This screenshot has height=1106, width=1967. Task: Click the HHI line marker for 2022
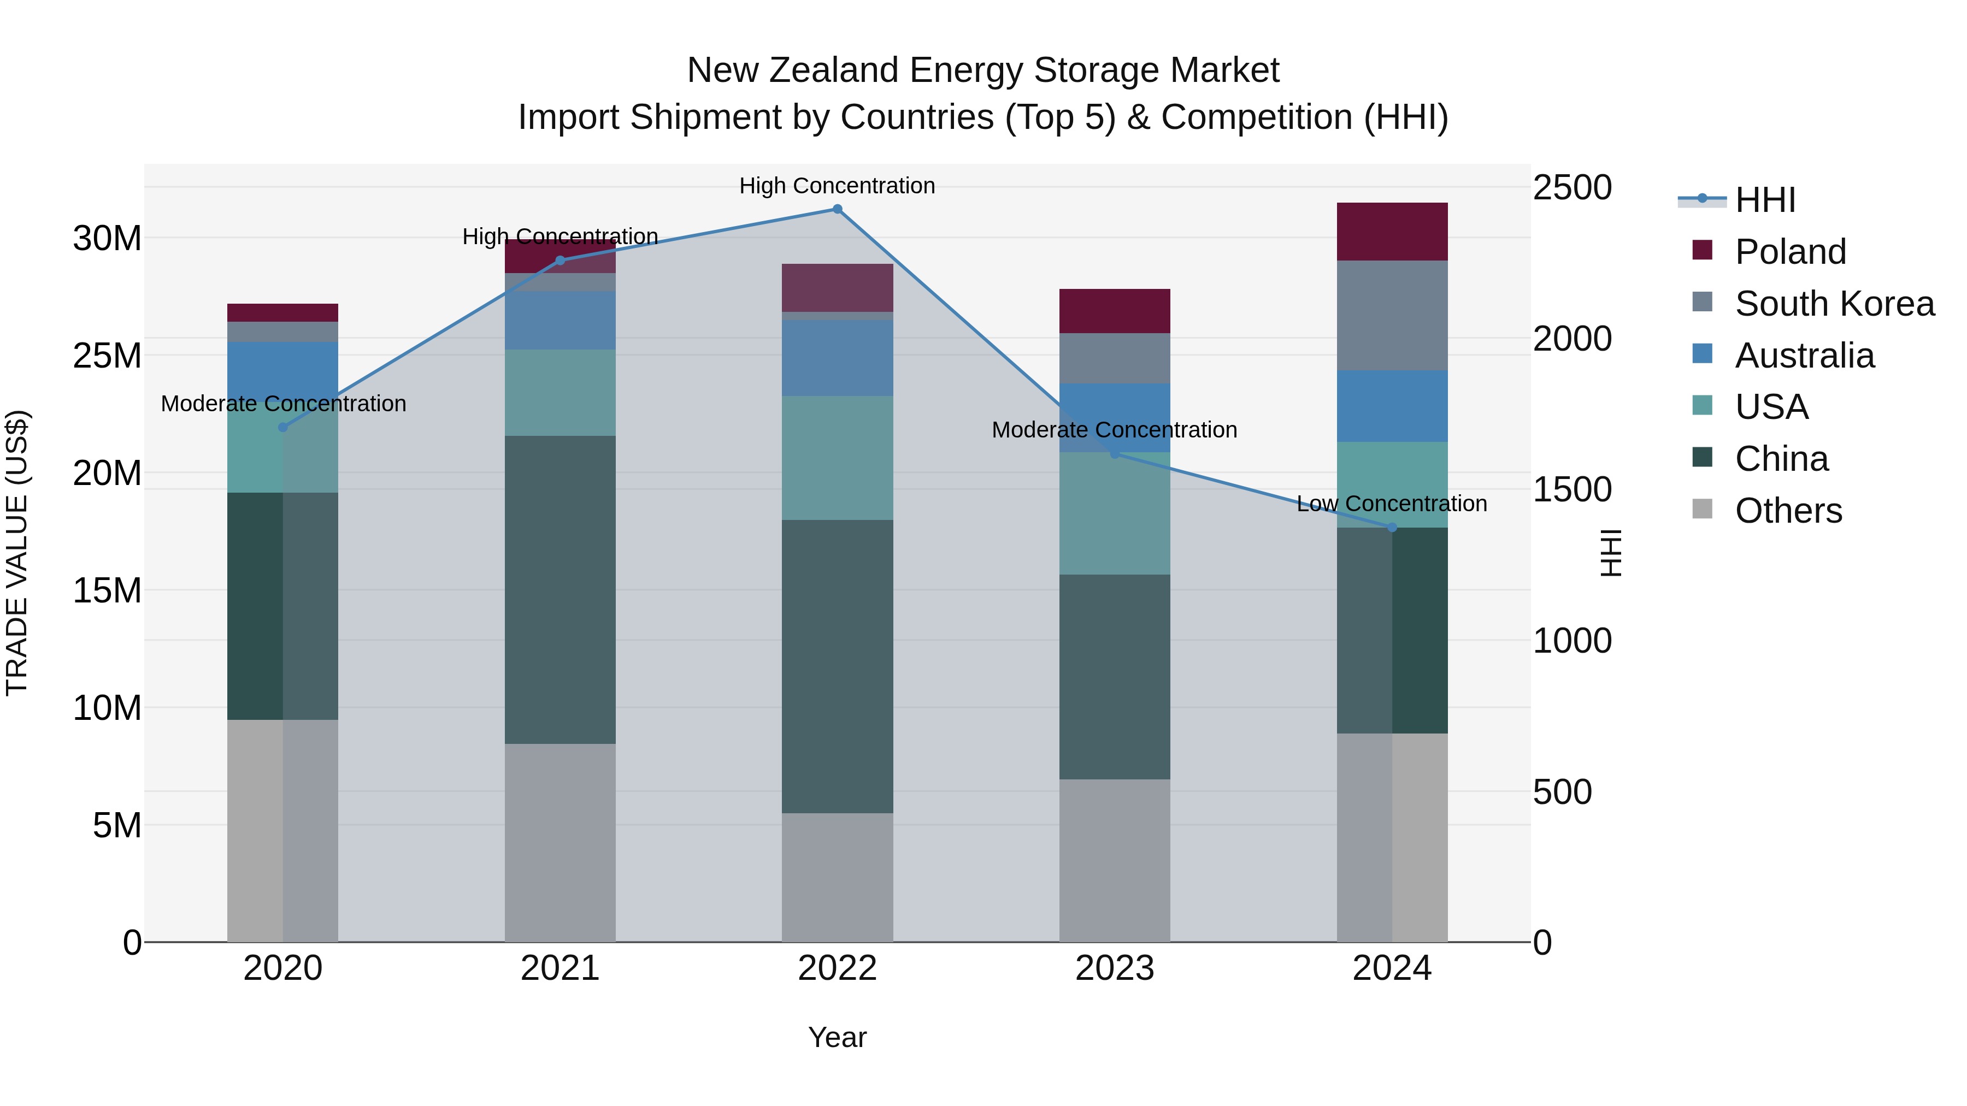pos(837,209)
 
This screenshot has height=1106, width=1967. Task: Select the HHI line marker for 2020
pos(282,428)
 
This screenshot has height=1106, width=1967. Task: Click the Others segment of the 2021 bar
pos(560,843)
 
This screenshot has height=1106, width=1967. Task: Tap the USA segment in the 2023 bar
pos(1114,514)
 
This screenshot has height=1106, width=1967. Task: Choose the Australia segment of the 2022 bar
pos(837,358)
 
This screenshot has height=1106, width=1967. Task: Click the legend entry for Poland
pos(1790,252)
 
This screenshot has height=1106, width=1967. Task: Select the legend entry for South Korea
pos(1834,304)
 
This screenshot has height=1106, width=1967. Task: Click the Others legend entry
pos(1788,511)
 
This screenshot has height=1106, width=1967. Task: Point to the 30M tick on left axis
pos(107,239)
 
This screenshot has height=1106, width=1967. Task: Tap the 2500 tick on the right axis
pos(1571,188)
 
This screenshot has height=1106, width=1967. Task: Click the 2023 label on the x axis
pos(1114,968)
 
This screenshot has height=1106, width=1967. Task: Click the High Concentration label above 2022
pos(837,186)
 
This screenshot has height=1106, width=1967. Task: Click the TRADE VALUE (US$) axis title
pos(17,553)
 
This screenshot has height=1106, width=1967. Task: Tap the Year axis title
pos(837,1037)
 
